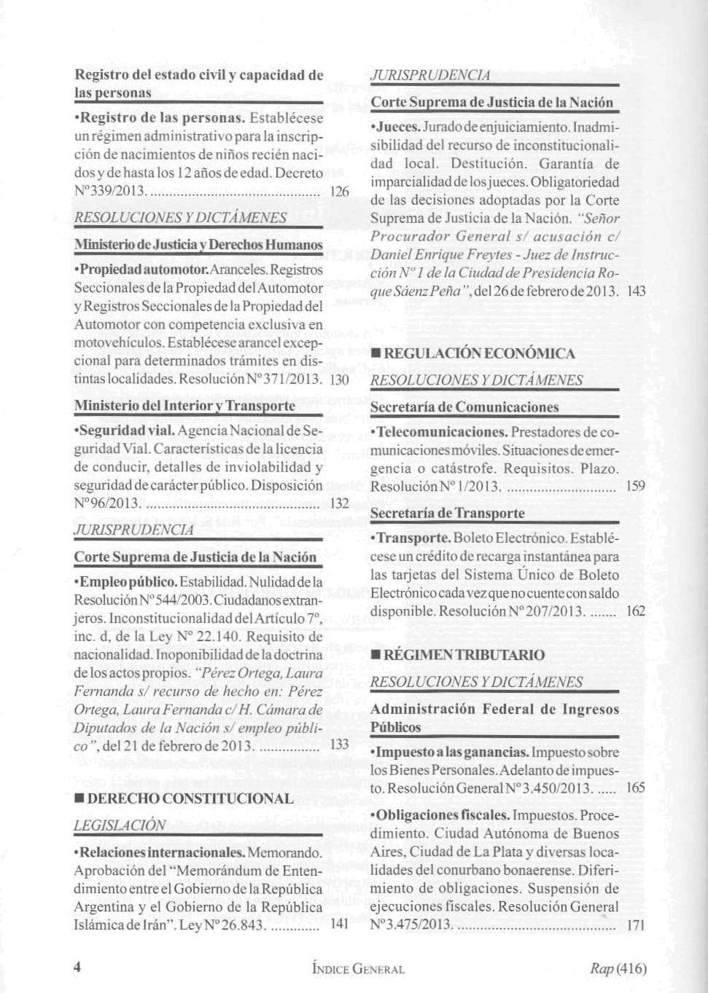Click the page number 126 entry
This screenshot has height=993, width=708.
(340, 192)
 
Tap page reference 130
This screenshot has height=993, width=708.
(340, 380)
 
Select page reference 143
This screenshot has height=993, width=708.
(637, 291)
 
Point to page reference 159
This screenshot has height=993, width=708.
(636, 486)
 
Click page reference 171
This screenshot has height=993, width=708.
(636, 925)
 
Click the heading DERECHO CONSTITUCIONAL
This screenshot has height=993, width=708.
(190, 798)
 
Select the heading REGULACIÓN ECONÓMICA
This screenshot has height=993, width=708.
(479, 353)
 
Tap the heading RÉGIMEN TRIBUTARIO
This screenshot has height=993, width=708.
(464, 655)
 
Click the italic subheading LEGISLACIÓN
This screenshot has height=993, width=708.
(120, 825)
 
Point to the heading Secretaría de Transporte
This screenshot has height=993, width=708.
(447, 513)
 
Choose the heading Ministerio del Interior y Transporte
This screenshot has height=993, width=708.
(184, 405)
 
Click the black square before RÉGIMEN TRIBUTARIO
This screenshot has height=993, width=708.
(376, 655)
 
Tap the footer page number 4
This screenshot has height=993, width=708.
(77, 968)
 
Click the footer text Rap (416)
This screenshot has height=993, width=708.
(618, 968)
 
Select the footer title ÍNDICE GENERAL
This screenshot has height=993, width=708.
(357, 969)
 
